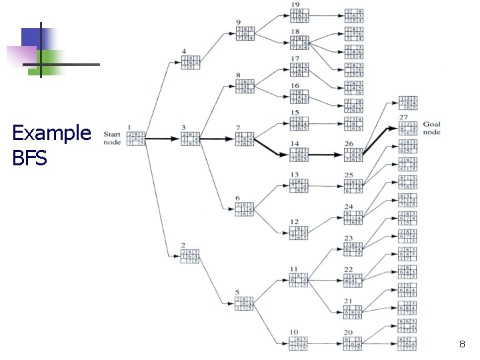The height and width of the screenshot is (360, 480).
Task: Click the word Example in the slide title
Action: click(x=51, y=133)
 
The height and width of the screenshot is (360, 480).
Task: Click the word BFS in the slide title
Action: click(x=29, y=159)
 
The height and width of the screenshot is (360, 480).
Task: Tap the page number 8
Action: click(x=462, y=345)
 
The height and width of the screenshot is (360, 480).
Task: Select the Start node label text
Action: click(x=111, y=137)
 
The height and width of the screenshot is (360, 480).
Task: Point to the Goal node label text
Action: click(x=431, y=128)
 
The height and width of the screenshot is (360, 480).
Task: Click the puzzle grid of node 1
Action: click(x=137, y=138)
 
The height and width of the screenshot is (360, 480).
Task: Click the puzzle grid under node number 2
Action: click(x=191, y=257)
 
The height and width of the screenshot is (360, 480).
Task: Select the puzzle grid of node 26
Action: click(x=354, y=155)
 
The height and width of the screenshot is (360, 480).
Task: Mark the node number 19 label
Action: click(x=295, y=5)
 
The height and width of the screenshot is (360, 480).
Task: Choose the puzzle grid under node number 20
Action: click(x=354, y=344)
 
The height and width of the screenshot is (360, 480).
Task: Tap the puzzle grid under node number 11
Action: click(x=298, y=281)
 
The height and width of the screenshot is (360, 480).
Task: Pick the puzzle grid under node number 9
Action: click(x=245, y=34)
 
